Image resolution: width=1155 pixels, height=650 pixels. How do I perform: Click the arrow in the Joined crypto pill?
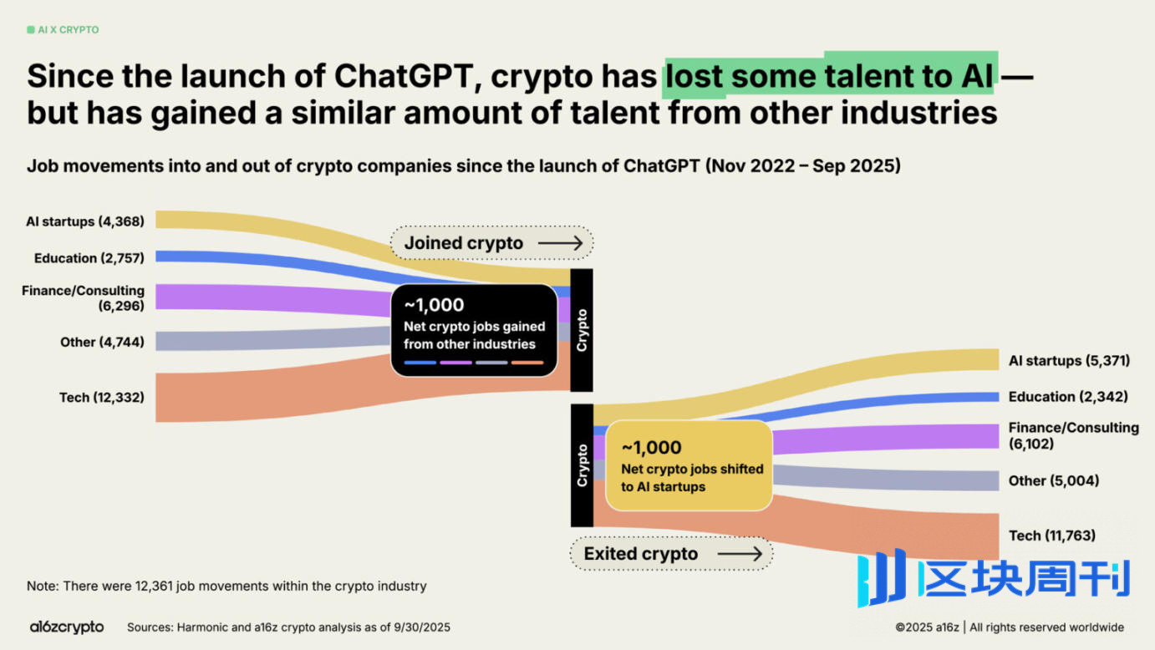[560, 243]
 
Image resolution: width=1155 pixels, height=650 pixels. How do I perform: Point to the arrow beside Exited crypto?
[740, 553]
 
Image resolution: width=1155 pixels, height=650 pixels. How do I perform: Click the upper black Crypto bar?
[582, 330]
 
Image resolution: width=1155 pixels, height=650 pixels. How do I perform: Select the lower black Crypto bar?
[582, 465]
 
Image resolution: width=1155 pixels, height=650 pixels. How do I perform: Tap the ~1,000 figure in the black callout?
[434, 305]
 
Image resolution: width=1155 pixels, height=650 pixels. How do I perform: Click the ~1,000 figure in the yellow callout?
[652, 447]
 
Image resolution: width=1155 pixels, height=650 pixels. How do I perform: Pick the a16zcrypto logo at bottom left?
[67, 627]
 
